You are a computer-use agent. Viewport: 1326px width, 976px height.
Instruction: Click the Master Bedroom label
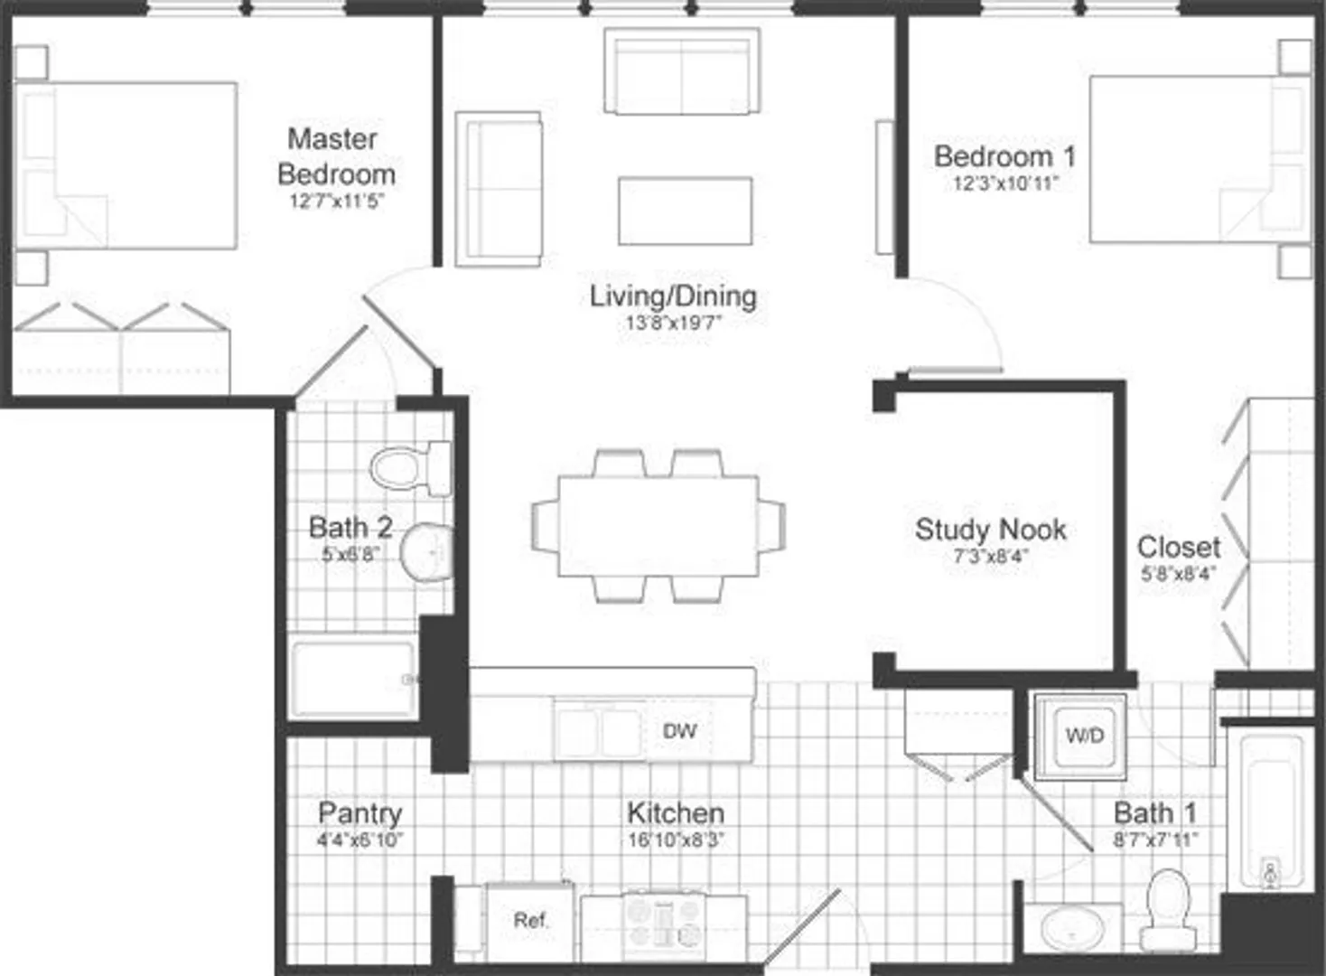click(336, 157)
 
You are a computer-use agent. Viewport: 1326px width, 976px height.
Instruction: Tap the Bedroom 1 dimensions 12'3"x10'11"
click(1005, 183)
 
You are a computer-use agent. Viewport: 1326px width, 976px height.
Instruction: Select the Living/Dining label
click(673, 296)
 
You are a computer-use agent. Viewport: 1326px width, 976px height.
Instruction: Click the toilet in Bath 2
click(411, 468)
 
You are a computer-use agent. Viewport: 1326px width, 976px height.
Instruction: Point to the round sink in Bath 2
click(427, 552)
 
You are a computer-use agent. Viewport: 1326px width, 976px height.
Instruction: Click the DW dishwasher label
click(679, 731)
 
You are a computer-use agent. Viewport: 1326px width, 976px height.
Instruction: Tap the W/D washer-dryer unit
click(1080, 737)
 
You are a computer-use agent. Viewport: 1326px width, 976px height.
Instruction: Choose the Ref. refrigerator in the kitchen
click(529, 921)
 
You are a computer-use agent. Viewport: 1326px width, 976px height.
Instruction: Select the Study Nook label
click(990, 530)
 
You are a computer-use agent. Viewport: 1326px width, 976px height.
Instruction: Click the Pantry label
click(360, 813)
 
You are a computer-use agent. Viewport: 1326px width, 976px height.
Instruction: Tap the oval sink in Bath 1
click(1072, 928)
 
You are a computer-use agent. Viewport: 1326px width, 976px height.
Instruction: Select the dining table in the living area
click(658, 526)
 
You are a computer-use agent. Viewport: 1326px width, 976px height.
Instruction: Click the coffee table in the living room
click(686, 211)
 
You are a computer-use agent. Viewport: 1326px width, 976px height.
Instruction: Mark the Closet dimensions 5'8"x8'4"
click(1178, 574)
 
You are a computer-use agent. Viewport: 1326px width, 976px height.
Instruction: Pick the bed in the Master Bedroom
click(126, 165)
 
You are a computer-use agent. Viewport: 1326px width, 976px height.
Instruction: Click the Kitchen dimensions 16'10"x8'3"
click(676, 840)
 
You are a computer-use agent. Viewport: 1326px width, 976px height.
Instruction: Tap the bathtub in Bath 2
click(354, 680)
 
